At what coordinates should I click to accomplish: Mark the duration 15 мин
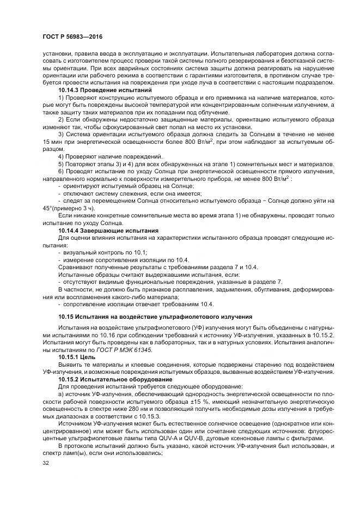52,142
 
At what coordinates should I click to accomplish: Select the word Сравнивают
76,266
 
